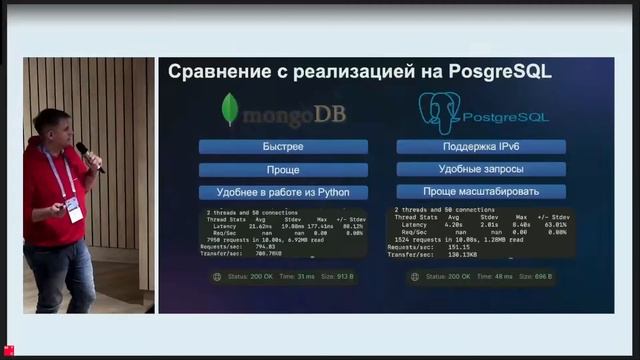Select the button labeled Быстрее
point(283,147)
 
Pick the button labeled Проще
point(283,170)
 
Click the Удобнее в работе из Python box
point(283,192)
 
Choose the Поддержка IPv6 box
point(481,147)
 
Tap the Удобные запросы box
point(481,169)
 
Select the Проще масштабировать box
point(481,191)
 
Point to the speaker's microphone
point(89,156)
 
